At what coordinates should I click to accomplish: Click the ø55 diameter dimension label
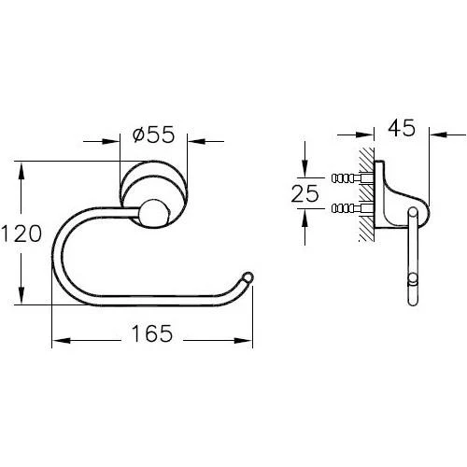pos(153,134)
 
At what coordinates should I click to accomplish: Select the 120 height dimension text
pos(21,233)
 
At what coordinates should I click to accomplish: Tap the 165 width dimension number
pos(151,333)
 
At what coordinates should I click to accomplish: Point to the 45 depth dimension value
pos(402,128)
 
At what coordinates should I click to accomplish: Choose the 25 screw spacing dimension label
pos(305,193)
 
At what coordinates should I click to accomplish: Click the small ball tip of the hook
pos(248,277)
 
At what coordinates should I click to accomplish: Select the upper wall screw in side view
pos(352,178)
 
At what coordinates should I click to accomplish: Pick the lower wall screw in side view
pos(352,207)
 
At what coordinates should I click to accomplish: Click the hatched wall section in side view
pos(367,194)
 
